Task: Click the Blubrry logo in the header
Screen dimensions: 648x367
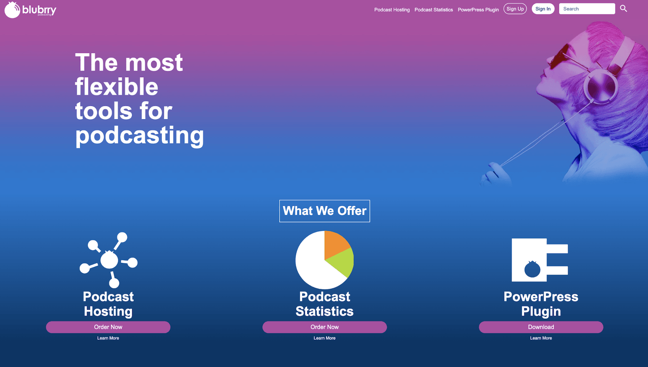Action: tap(30, 10)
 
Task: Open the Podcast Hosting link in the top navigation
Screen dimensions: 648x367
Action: tap(392, 10)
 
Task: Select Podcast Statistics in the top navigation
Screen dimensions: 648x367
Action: tap(433, 10)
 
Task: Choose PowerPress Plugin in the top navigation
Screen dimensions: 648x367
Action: tap(478, 10)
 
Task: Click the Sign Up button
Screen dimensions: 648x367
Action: tap(515, 9)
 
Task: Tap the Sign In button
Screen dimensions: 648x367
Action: tap(543, 9)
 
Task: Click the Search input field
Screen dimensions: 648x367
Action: tap(587, 9)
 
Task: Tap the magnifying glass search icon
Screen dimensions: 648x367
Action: tap(623, 9)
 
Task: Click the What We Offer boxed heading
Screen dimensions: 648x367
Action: tap(325, 211)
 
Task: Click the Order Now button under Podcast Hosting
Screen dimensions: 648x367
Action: tap(108, 327)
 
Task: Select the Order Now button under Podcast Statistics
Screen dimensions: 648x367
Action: tap(325, 327)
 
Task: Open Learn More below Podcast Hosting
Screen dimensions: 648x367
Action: tap(108, 338)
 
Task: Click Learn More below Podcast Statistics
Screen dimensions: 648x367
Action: tap(325, 338)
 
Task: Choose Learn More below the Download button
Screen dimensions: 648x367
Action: tap(541, 338)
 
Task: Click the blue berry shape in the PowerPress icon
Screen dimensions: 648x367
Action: tap(532, 269)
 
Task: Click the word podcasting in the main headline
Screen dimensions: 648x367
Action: tap(140, 136)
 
